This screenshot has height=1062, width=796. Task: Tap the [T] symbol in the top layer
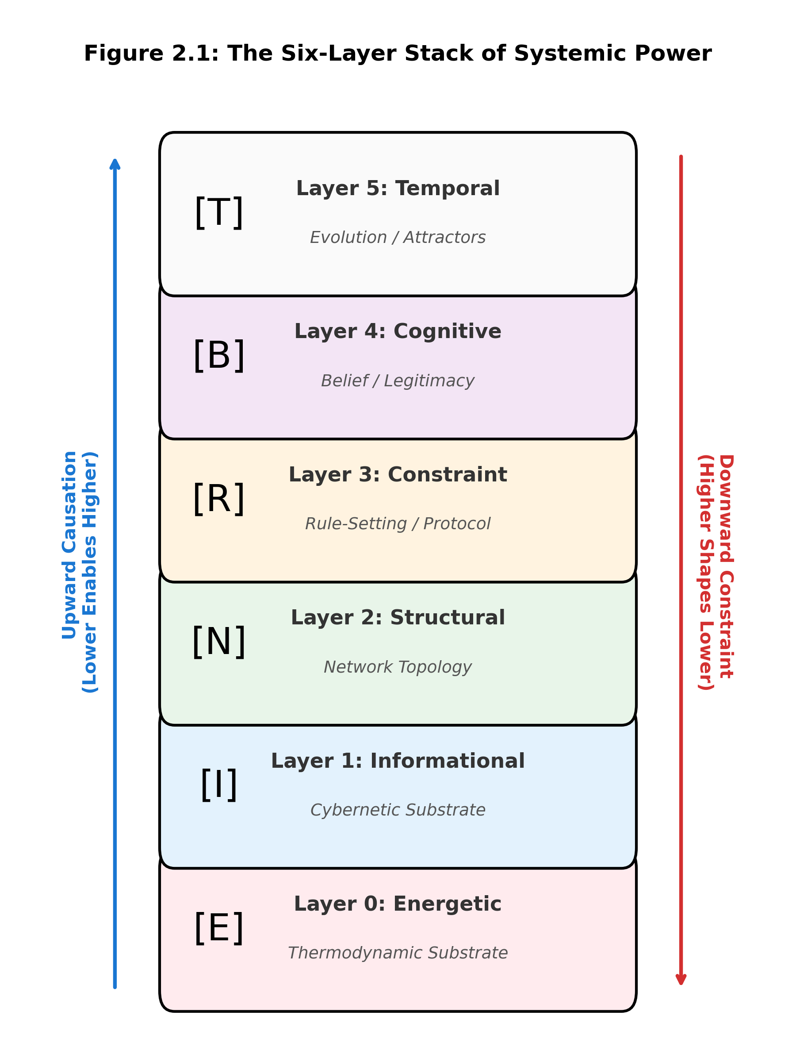pyautogui.click(x=219, y=212)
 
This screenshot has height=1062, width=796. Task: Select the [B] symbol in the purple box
pyautogui.click(x=219, y=355)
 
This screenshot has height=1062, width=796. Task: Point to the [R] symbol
pyautogui.click(x=219, y=499)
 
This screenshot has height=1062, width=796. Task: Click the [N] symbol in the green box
pyautogui.click(x=219, y=642)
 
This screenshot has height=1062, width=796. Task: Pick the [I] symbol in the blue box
pyautogui.click(x=219, y=785)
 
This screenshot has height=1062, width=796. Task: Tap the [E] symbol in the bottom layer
pyautogui.click(x=219, y=928)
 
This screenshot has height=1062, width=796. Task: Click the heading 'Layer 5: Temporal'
pyautogui.click(x=398, y=188)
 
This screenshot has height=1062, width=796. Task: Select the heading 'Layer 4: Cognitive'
pyautogui.click(x=398, y=331)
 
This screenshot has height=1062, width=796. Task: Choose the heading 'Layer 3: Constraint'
pyautogui.click(x=398, y=474)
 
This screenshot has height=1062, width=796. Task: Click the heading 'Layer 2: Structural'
pyautogui.click(x=398, y=617)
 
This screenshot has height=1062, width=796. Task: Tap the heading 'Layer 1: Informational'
pyautogui.click(x=398, y=761)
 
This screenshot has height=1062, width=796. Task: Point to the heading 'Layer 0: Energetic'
pyautogui.click(x=398, y=904)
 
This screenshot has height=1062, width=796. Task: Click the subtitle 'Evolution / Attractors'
pyautogui.click(x=398, y=237)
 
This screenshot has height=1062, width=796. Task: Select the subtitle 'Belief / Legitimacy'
pyautogui.click(x=398, y=381)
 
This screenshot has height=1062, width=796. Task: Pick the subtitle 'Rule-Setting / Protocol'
pyautogui.click(x=398, y=523)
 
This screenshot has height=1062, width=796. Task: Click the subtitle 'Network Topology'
pyautogui.click(x=398, y=667)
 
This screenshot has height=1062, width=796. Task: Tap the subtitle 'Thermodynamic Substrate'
pyautogui.click(x=398, y=953)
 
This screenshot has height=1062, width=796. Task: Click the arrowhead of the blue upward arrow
pyautogui.click(x=115, y=164)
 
